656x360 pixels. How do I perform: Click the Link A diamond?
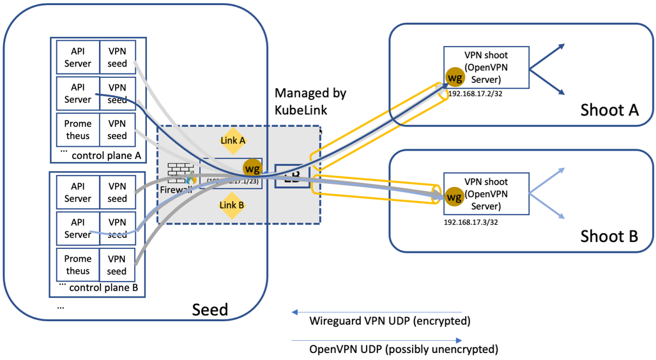pos(233,140)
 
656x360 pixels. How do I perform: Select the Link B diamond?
pos(232,206)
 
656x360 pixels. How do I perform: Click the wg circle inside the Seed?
pos(252,169)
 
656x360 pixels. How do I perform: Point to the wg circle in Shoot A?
pos(455,78)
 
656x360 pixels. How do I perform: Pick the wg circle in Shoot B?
pos(454,197)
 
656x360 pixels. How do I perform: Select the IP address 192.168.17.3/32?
pos(471,223)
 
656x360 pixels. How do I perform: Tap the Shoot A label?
pos(609,110)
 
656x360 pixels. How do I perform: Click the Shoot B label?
pos(609,237)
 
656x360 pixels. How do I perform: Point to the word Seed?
pos(210,310)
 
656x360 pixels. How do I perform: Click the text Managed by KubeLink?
pos(310,101)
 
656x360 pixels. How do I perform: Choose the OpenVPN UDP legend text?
pos(404,349)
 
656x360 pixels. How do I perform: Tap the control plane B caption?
pos(103,287)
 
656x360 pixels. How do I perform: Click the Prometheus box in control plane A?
pos(78,130)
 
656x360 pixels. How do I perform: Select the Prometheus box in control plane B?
pos(78,265)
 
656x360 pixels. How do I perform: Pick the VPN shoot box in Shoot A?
pos(487,67)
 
